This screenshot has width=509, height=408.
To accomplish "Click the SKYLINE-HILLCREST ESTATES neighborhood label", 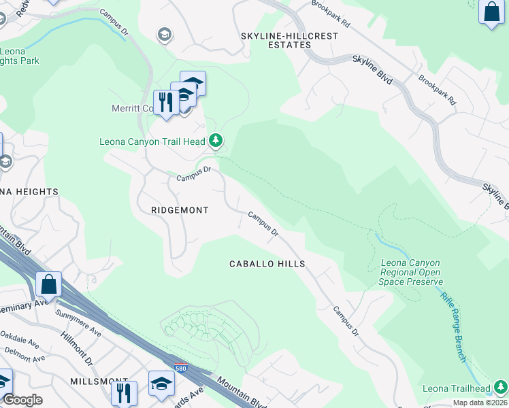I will (275, 39).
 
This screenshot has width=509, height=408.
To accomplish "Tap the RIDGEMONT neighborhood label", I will (180, 210).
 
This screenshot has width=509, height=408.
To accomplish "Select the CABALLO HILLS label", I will (267, 264).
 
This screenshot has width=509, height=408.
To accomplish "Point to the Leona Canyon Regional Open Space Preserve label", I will (411, 272).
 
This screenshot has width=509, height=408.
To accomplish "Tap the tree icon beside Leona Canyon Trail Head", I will (216, 141).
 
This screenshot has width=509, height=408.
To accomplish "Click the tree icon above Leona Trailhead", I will (501, 388).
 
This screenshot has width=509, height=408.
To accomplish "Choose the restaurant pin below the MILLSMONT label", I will (124, 392).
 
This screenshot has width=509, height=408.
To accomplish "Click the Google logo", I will (22, 400).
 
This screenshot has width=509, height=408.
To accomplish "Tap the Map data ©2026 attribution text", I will (480, 403).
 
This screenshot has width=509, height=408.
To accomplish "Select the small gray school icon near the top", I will (164, 34).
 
